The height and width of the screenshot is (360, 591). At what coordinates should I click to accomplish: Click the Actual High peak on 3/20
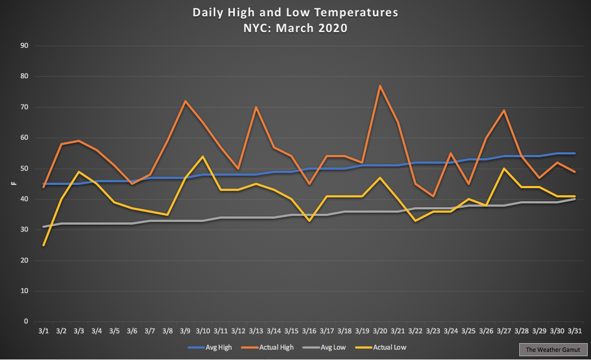(x=380, y=86)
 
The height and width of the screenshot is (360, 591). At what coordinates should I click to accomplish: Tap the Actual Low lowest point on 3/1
(x=43, y=245)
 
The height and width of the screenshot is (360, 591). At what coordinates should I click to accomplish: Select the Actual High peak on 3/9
(x=185, y=101)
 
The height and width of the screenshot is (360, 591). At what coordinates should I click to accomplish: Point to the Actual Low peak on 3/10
(x=203, y=157)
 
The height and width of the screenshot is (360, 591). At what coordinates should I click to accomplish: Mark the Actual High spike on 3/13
(x=256, y=107)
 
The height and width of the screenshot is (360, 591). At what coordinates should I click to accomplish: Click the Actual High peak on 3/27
(x=504, y=110)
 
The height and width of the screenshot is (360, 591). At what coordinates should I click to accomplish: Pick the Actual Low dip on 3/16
(x=309, y=221)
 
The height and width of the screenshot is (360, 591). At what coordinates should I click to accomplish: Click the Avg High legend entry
(x=210, y=347)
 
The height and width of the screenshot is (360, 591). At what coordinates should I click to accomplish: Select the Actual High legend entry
(x=267, y=347)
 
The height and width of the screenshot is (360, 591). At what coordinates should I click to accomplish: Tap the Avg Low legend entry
(x=324, y=347)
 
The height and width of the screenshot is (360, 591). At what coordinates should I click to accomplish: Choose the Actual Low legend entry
(x=381, y=347)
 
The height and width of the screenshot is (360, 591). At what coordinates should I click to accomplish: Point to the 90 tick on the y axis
(x=24, y=46)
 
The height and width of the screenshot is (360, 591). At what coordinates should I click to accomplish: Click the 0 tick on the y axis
(x=26, y=321)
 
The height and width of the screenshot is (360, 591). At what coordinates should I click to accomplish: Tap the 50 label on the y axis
(x=24, y=169)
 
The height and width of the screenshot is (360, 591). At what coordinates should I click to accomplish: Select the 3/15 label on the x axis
(x=291, y=331)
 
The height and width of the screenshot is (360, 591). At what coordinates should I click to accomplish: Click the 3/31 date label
(x=575, y=331)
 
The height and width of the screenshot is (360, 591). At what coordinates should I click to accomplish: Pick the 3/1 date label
(x=43, y=331)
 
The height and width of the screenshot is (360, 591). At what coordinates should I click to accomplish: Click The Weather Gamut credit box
(x=553, y=350)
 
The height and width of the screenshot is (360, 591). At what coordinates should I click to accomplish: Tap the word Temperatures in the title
(x=356, y=13)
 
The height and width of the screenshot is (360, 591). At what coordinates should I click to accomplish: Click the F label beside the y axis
(x=14, y=184)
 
